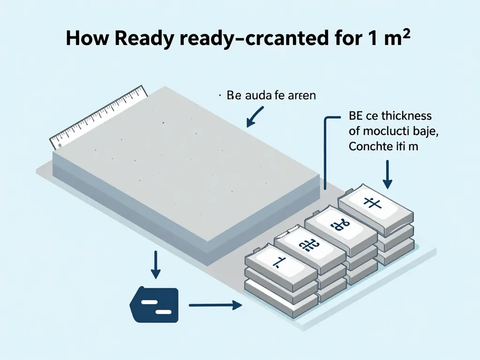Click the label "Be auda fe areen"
pyautogui.click(x=271, y=96)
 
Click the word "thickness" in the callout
pyautogui.click(x=408, y=115)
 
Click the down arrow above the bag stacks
pyautogui.click(x=388, y=174)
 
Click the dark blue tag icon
pyautogui.click(x=154, y=305)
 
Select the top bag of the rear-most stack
pyautogui.click(x=375, y=206)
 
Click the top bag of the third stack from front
pyautogui.click(x=341, y=226)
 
